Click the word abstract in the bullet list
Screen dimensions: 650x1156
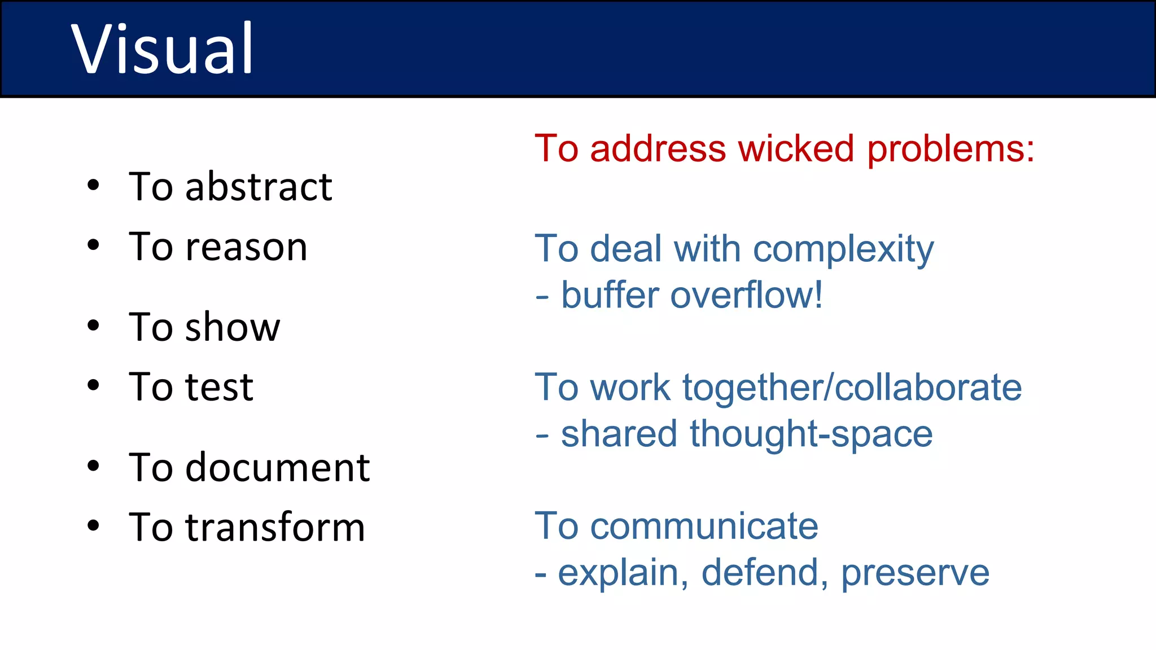tap(259, 187)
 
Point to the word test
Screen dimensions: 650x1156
tap(219, 388)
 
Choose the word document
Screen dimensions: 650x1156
tap(277, 468)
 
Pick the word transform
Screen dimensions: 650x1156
tap(275, 528)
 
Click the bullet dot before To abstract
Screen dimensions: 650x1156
tap(94, 185)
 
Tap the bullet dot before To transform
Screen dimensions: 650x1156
tap(94, 526)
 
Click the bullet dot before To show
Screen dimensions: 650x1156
tap(94, 326)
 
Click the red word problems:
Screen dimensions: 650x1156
tap(951, 150)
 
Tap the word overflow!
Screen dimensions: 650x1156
tap(746, 295)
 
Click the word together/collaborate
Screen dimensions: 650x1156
tap(852, 389)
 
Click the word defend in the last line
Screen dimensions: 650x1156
tap(764, 573)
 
